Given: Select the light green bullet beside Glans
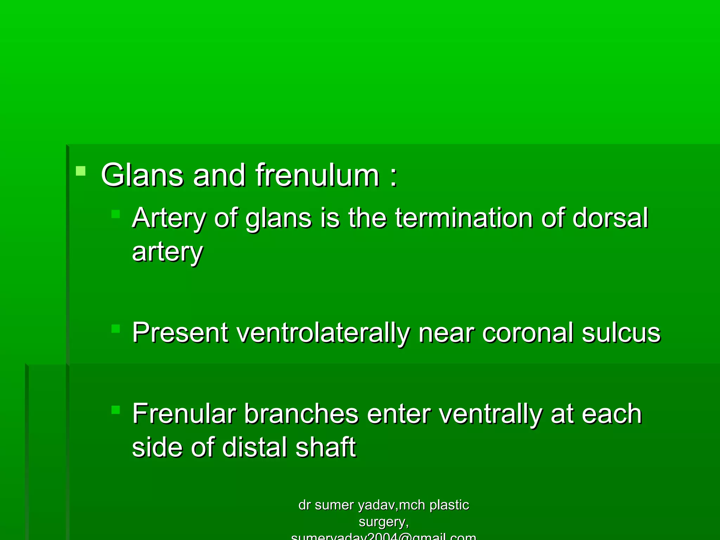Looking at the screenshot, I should pyautogui.click(x=81, y=171).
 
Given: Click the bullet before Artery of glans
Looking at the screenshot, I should pyautogui.click(x=116, y=214).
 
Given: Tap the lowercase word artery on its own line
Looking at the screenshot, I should pyautogui.click(x=167, y=252).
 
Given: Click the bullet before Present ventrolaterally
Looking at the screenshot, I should pyautogui.click(x=116, y=329).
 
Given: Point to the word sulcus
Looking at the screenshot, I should pyautogui.click(x=621, y=333).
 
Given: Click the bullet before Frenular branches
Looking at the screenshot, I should pyautogui.click(x=116, y=410).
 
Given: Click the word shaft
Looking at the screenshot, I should pyautogui.click(x=326, y=447).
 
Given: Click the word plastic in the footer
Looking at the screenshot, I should pyautogui.click(x=449, y=505).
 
